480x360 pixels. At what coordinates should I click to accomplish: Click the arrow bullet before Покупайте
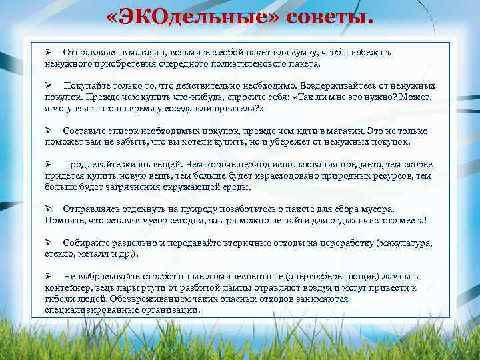(49, 86)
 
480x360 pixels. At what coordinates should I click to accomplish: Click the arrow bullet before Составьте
(49, 131)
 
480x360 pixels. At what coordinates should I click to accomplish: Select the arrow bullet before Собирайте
(49, 243)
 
